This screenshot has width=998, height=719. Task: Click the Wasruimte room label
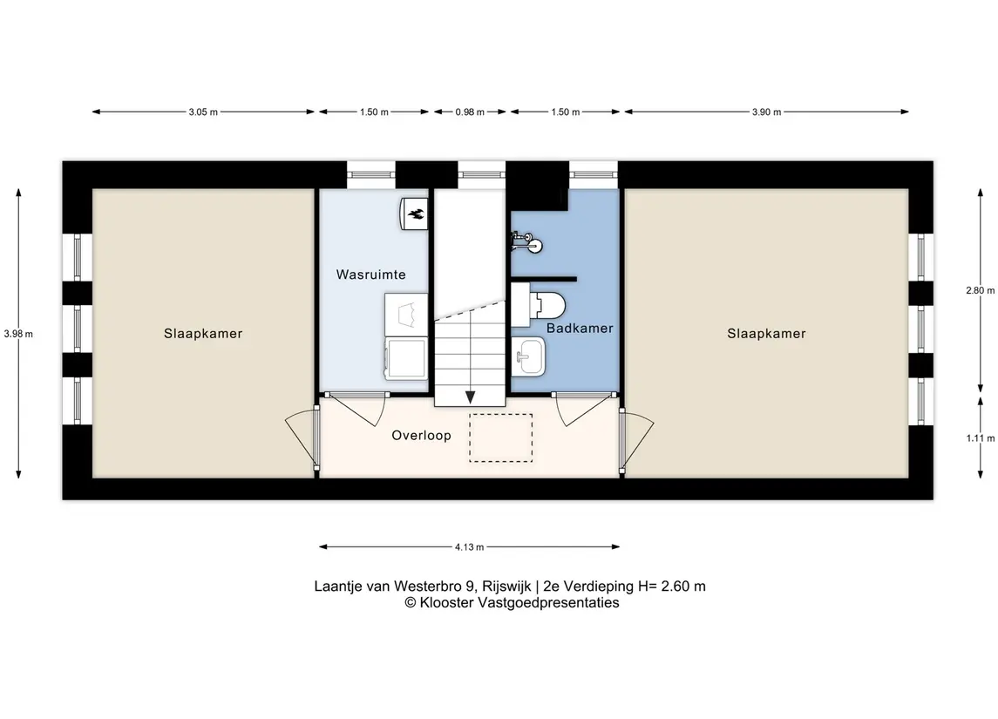(370, 275)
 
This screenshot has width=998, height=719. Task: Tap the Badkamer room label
(580, 329)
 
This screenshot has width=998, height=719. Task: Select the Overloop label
(421, 436)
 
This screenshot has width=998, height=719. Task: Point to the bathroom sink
(528, 356)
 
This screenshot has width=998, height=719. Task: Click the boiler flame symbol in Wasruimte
(414, 214)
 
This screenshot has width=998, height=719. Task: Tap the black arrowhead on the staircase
(471, 397)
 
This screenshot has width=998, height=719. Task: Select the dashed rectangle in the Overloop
(501, 438)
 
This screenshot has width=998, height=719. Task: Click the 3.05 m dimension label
(203, 112)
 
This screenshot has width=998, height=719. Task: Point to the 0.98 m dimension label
(470, 112)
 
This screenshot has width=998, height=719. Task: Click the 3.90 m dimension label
(766, 112)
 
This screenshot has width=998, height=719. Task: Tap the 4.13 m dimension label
(469, 547)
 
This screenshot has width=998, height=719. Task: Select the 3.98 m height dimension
(18, 334)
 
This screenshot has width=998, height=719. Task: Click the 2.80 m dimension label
(981, 290)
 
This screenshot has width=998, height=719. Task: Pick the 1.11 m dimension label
(981, 438)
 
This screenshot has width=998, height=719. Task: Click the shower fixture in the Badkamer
(527, 241)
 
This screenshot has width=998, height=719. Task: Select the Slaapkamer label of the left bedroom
(203, 334)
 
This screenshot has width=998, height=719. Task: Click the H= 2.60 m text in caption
(671, 586)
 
